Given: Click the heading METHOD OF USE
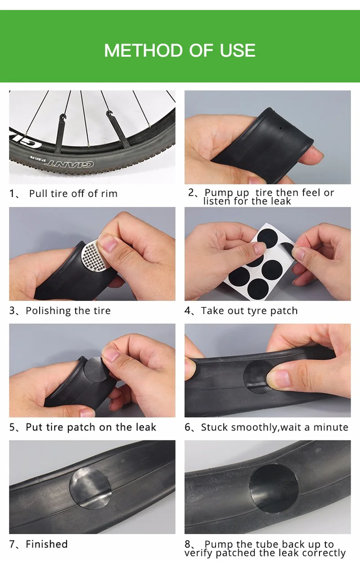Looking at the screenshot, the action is [x=180, y=50].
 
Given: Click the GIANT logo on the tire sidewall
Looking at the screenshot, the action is [x=69, y=163].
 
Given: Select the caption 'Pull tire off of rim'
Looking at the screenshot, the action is [x=73, y=193].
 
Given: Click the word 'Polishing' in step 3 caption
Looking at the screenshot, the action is [x=45, y=311].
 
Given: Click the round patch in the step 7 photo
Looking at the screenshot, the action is [x=90, y=489].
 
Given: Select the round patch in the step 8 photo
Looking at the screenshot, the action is [x=274, y=488].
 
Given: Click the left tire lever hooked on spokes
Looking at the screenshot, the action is [x=60, y=134].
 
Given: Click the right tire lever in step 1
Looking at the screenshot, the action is [x=118, y=129].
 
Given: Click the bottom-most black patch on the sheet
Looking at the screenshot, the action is [x=258, y=288].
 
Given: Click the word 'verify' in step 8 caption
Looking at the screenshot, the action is [x=199, y=553].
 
